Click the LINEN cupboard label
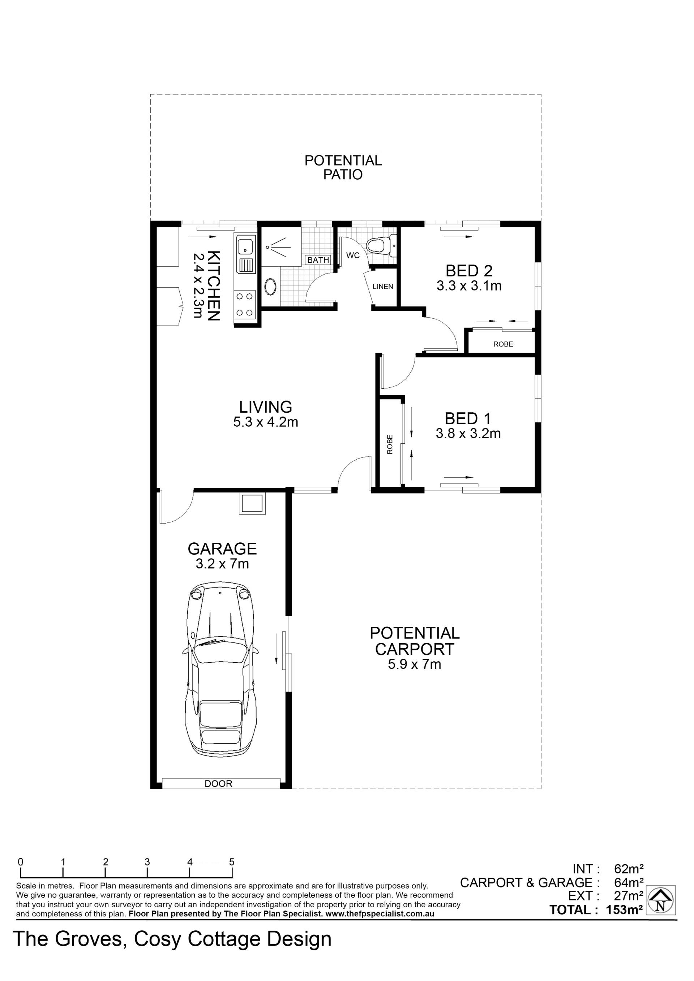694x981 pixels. [382, 287]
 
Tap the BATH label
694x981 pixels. [318, 260]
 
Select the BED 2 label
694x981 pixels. [469, 271]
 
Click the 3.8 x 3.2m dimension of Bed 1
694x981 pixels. [468, 434]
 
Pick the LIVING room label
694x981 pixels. [265, 406]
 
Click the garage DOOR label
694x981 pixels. [218, 784]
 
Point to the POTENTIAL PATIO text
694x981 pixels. [343, 168]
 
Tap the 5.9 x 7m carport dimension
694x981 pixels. [414, 664]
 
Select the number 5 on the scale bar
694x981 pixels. [232, 862]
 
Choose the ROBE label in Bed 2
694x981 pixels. [503, 344]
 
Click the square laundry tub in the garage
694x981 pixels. [252, 503]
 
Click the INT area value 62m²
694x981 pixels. [629, 869]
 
